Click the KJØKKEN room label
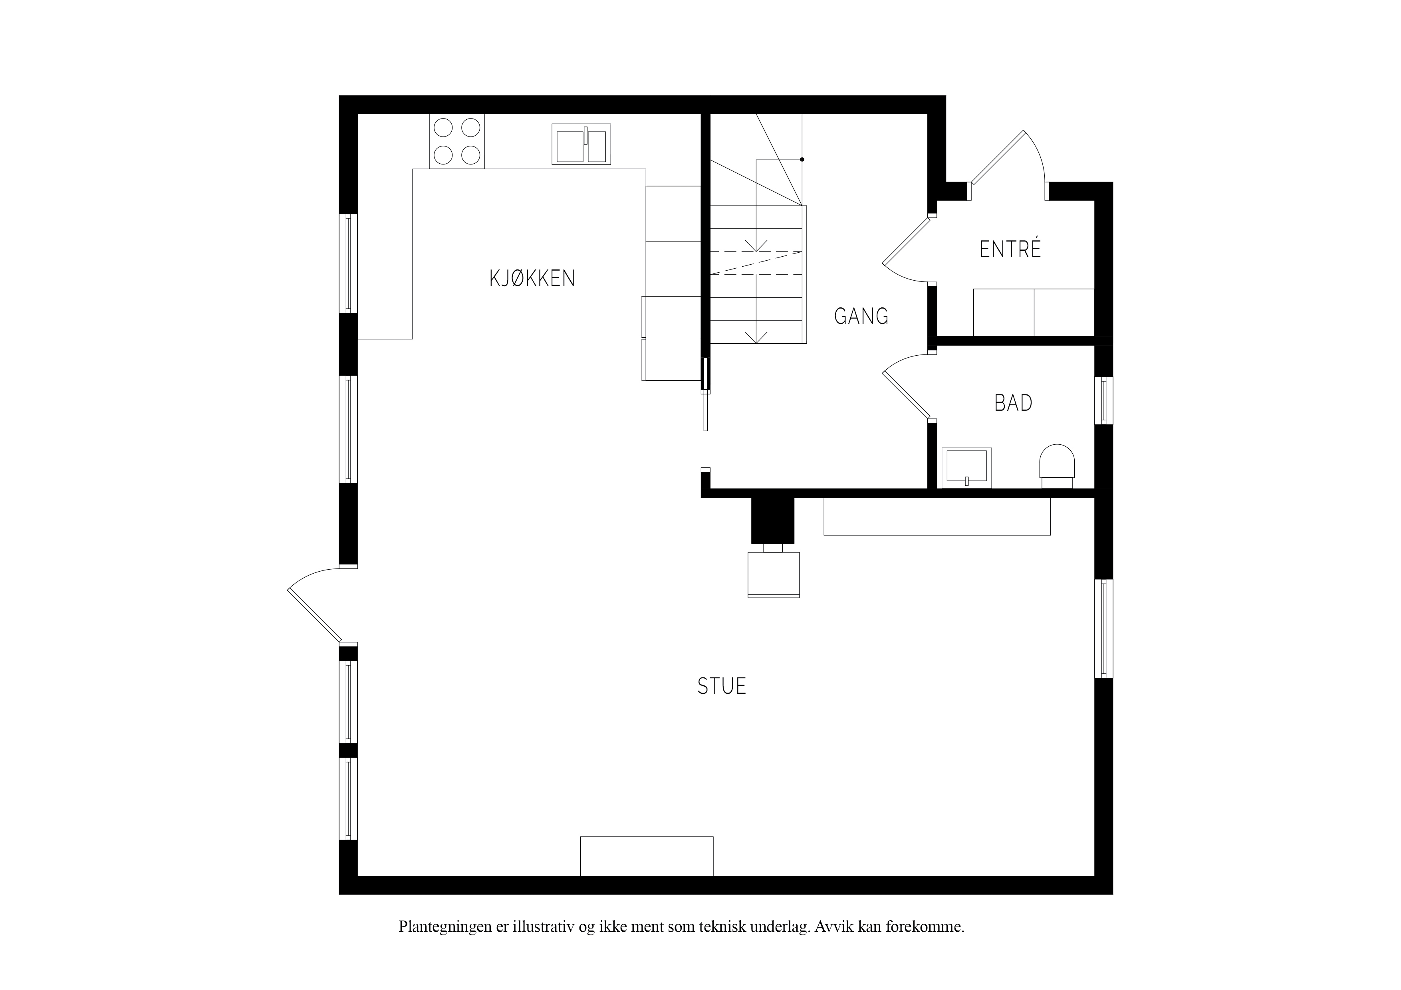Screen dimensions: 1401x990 [x=532, y=279]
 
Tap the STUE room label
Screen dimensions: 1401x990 [x=722, y=686]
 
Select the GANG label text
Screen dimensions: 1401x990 [x=861, y=316]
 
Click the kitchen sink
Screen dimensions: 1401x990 [x=581, y=144]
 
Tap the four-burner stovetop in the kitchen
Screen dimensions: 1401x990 [x=457, y=142]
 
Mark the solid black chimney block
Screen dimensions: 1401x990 [x=772, y=520]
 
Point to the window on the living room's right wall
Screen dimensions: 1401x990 [x=1104, y=628]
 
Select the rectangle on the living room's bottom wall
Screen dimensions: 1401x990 [x=647, y=856]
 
